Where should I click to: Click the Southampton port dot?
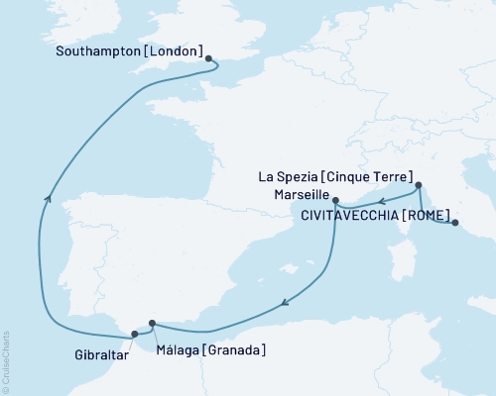tap(209, 58)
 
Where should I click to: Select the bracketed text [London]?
tap(186, 51)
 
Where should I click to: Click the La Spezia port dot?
tap(419, 185)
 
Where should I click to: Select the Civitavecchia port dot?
tap(455, 224)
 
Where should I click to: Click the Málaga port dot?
tap(152, 322)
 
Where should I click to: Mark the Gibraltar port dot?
tap(135, 335)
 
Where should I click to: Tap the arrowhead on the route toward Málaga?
tap(285, 303)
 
